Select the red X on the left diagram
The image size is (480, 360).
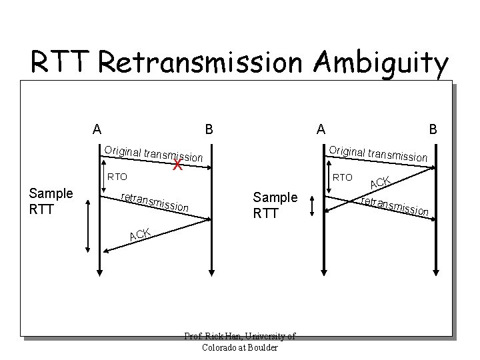[177, 165]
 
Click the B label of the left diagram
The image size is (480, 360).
[209, 129]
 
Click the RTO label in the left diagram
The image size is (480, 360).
[117, 178]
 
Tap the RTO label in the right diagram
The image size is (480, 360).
[343, 177]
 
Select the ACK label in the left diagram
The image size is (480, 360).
[140, 233]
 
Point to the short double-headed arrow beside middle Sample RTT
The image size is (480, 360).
[311, 207]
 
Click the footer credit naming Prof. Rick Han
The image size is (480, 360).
[240, 342]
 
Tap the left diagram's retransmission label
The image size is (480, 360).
[155, 202]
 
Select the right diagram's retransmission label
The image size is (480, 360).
[394, 206]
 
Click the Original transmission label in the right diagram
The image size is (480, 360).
[379, 153]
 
